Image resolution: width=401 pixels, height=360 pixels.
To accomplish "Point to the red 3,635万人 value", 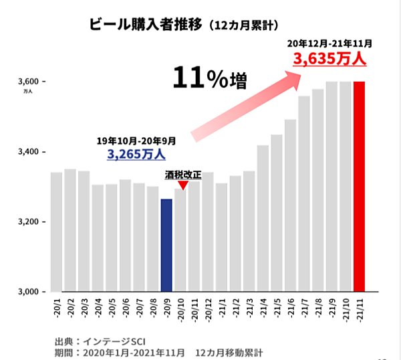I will (x=330, y=59).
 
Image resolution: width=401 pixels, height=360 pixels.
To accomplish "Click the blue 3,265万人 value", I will (x=136, y=154).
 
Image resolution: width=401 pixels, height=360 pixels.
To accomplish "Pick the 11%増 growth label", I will (x=209, y=79).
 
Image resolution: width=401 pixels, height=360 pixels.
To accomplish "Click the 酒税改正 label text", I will (x=182, y=175).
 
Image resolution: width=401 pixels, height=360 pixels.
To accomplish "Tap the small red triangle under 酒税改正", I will (x=182, y=185).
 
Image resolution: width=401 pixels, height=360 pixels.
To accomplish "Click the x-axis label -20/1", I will (x=56, y=308).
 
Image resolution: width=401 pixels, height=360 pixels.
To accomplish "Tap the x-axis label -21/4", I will (x=263, y=308).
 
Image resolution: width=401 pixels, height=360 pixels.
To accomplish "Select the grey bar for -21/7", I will (x=304, y=194).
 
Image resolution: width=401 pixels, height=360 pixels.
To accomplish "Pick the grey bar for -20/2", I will (x=70, y=230).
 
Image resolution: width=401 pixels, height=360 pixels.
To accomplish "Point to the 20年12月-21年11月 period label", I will (x=329, y=43).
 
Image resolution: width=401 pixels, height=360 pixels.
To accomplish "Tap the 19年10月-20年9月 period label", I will (x=136, y=141).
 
